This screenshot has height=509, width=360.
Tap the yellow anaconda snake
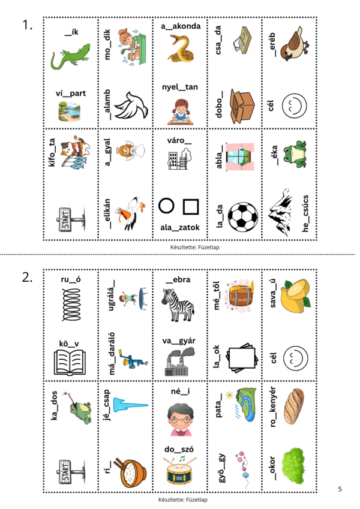181,49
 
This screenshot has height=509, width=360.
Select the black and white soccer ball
243,217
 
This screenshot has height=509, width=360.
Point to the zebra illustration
178,305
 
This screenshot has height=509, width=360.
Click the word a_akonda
181,26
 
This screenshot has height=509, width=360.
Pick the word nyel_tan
180,87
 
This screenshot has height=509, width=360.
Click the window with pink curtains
241,156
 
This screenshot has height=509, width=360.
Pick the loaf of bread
294,406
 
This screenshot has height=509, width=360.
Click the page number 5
340,489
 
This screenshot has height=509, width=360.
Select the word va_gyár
179,341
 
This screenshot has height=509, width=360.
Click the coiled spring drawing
71,305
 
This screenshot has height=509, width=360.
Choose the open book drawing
70,362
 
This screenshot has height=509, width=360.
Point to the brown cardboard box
242,106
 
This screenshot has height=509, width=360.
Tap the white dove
131,106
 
